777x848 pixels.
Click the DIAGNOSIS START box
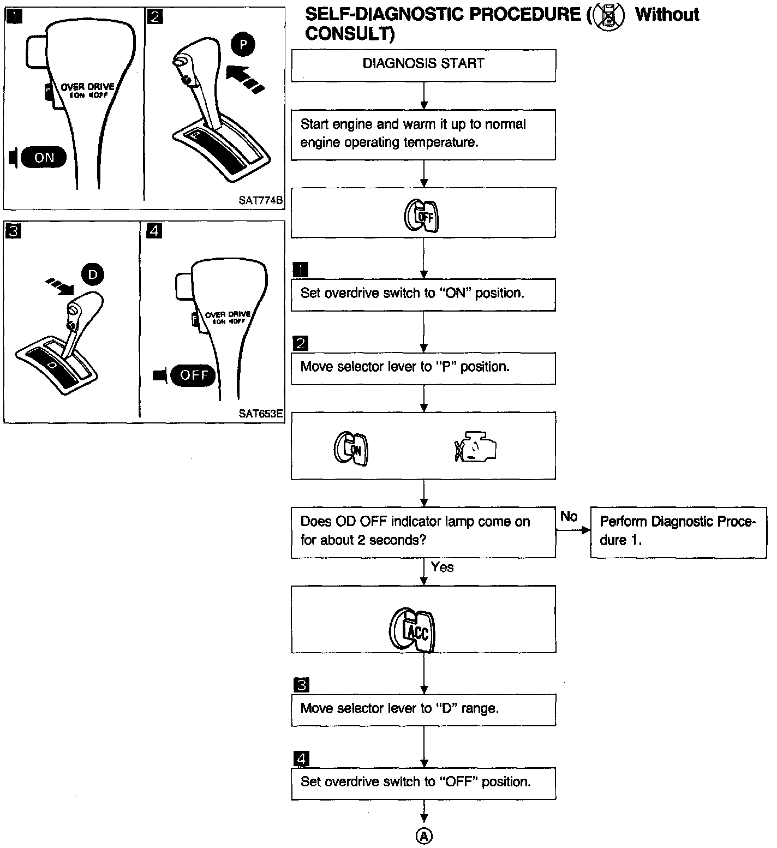click(423, 65)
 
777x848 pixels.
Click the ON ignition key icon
click(351, 449)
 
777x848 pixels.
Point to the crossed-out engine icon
click(475, 446)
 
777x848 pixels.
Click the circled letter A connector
click(424, 835)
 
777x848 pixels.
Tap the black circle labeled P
click(243, 45)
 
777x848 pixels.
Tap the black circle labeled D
click(93, 274)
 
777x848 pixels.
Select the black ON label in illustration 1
click(44, 157)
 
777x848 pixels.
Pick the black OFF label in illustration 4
click(193, 375)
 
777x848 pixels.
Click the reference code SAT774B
click(261, 200)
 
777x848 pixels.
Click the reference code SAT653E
click(261, 414)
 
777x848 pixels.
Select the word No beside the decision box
click(569, 516)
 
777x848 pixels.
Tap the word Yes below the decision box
click(442, 568)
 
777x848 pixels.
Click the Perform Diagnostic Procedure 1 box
click(678, 533)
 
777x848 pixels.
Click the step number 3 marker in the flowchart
click(301, 685)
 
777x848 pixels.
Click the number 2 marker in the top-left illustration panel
click(155, 16)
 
